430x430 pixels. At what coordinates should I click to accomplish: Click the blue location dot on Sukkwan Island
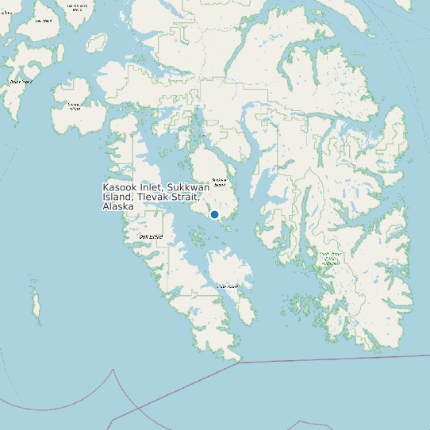(x=214, y=214)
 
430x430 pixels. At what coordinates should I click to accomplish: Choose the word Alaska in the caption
(x=117, y=206)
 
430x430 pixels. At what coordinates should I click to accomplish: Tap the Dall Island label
(x=150, y=236)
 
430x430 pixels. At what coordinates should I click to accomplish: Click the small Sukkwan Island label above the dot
(x=220, y=182)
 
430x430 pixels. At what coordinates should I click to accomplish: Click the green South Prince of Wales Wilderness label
(x=330, y=259)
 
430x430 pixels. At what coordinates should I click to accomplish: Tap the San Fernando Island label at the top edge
(x=76, y=6)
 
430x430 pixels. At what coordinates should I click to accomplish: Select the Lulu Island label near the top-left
(x=44, y=21)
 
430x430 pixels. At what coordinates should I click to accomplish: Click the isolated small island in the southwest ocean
(x=36, y=302)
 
